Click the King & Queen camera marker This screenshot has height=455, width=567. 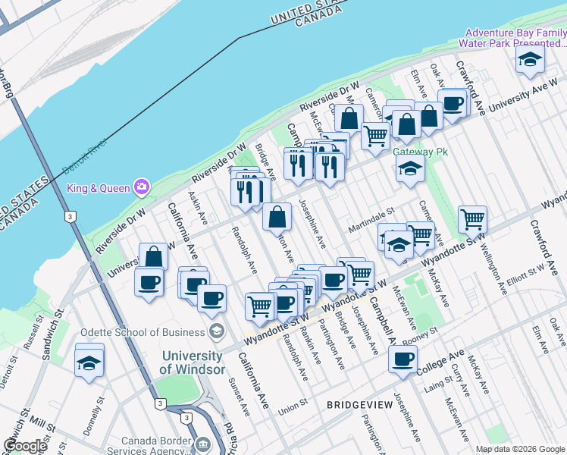click(x=141, y=187)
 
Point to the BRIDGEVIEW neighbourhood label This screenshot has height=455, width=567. click(x=359, y=405)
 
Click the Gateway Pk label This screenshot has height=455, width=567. click(x=421, y=152)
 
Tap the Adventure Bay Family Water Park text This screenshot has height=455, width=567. click(x=515, y=38)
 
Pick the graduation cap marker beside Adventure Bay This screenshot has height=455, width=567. click(x=530, y=59)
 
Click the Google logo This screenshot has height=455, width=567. click(x=25, y=446)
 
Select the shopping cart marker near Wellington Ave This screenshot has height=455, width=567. click(x=472, y=220)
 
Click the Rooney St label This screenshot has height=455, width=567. click(x=421, y=334)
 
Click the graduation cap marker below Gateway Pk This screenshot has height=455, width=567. click(x=410, y=169)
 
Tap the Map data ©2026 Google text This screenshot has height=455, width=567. click(x=519, y=449)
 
